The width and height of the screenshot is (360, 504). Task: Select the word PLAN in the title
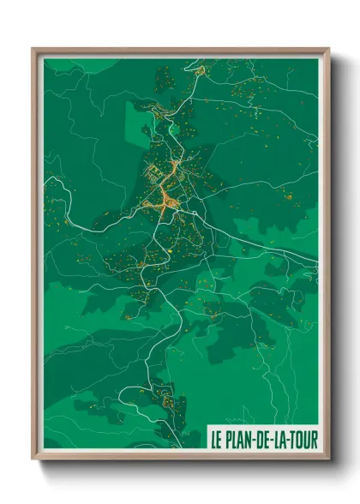(240, 437)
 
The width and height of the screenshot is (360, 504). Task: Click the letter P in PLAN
(230, 437)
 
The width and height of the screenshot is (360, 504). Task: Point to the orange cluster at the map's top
(201, 70)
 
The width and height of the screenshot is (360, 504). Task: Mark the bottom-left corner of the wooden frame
(33, 459)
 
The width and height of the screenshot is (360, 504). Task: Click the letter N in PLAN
(249, 437)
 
